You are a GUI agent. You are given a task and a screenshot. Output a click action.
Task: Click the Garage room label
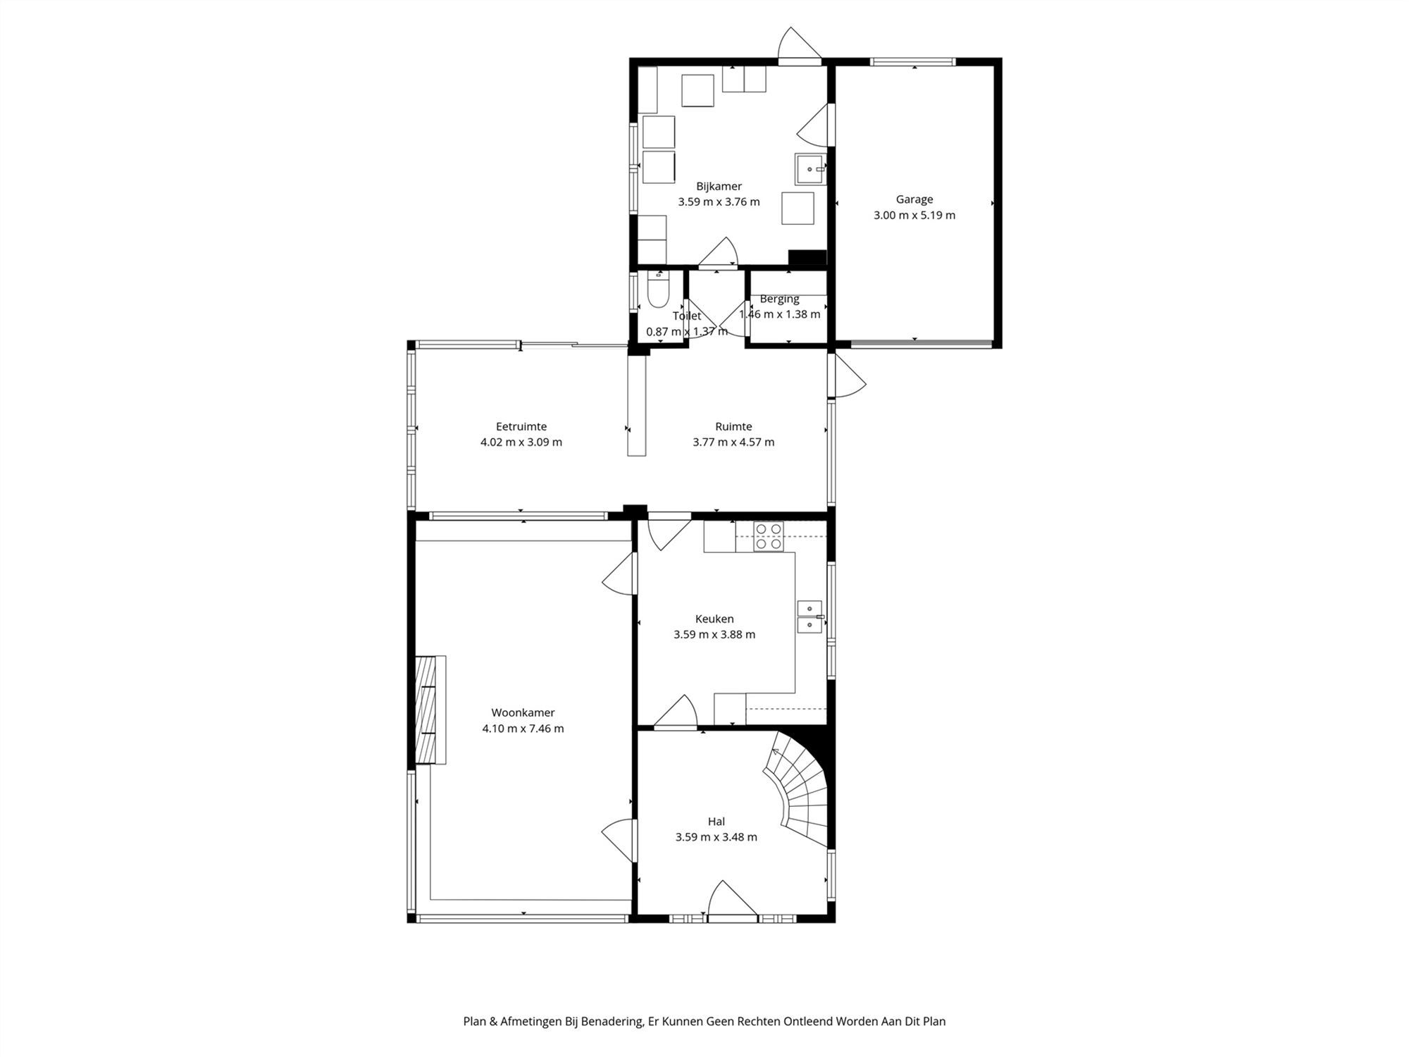[914, 199]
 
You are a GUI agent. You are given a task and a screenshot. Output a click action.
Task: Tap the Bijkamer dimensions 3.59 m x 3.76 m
[719, 202]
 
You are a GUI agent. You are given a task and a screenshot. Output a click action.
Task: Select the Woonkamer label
[523, 712]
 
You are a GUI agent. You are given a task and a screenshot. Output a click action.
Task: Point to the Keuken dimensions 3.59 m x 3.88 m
[714, 634]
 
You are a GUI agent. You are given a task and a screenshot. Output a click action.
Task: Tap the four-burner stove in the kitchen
[769, 536]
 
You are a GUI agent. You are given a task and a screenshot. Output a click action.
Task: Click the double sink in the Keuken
[809, 617]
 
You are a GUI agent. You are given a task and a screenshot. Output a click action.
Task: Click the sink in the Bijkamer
[810, 169]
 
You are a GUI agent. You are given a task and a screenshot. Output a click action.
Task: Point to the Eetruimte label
[521, 426]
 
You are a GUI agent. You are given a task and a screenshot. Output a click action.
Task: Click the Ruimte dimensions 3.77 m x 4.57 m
[733, 442]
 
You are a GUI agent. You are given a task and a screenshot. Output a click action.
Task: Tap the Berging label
[779, 299]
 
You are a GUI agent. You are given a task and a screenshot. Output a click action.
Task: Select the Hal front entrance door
[733, 901]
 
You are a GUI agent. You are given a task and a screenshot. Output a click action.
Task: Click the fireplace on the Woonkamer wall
[430, 710]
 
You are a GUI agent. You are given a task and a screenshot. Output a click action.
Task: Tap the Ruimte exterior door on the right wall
[848, 374]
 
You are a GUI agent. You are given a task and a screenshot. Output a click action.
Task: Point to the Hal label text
[716, 822]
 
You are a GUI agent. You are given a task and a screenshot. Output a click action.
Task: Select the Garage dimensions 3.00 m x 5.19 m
[914, 215]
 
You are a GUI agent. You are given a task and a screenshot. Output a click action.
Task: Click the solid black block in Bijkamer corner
[807, 258]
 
